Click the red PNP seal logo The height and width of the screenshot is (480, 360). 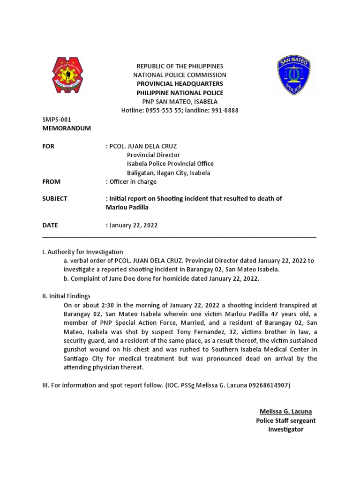67,75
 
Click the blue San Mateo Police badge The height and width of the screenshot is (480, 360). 294,75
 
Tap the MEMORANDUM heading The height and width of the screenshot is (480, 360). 67,128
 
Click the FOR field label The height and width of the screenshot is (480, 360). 48,146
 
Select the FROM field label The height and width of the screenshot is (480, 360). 52,181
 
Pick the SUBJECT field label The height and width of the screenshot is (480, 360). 55,198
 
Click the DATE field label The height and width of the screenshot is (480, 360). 50,225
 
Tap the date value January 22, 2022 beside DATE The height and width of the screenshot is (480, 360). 134,225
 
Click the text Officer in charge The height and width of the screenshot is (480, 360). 133,181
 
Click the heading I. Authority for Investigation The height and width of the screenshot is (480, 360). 82,252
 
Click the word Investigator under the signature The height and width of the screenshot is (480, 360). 286,429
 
